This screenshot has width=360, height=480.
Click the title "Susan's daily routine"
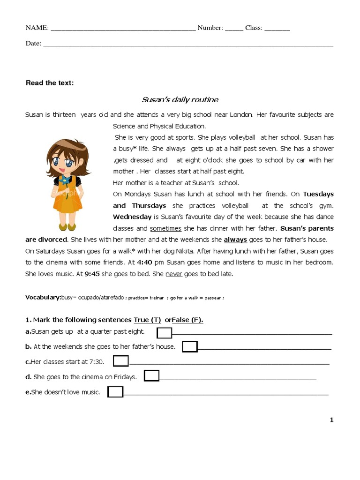180,100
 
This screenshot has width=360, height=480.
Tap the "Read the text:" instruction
50,83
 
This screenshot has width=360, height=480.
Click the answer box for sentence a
164,333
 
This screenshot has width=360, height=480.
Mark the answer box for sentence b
189,347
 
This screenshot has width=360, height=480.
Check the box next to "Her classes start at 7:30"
121,361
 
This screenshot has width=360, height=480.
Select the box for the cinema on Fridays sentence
151,376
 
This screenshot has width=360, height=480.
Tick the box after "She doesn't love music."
115,392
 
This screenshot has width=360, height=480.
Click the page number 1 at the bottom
331,420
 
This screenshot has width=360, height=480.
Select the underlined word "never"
174,274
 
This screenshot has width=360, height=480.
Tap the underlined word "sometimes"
165,228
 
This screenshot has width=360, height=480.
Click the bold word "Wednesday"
132,217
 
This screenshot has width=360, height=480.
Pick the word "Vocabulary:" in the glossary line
43,298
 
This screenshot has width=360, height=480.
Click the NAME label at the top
37,28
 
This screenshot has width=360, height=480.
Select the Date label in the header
33,44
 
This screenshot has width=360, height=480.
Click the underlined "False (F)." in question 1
187,320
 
